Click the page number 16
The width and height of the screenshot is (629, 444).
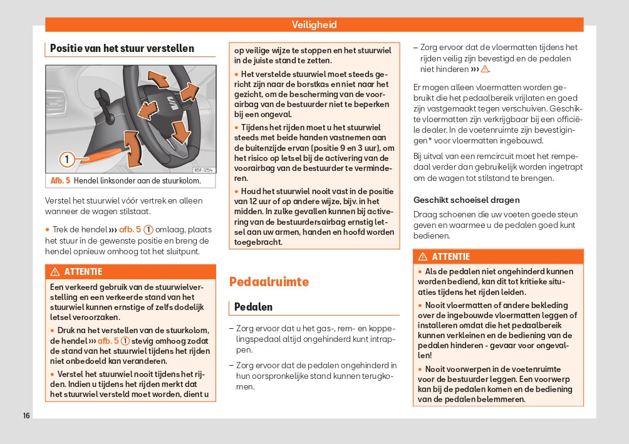(x=26, y=416)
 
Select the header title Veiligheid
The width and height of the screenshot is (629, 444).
(x=314, y=25)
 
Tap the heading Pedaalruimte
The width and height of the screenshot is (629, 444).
(x=269, y=282)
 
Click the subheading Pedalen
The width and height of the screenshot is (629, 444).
(x=253, y=307)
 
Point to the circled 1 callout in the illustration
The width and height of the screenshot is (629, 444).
(x=67, y=158)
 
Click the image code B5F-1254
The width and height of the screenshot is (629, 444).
(x=203, y=170)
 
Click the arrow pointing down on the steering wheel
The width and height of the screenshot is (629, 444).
(x=180, y=131)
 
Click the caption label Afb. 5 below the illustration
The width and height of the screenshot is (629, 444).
(x=61, y=181)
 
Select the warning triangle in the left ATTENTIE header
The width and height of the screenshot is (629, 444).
(x=55, y=272)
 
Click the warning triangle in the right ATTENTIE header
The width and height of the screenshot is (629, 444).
(x=423, y=257)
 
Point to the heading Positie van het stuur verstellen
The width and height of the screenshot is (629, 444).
(x=122, y=48)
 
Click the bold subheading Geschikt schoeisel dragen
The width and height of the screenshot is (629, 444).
(x=466, y=200)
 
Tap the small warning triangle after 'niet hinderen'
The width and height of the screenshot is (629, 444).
(x=485, y=70)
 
